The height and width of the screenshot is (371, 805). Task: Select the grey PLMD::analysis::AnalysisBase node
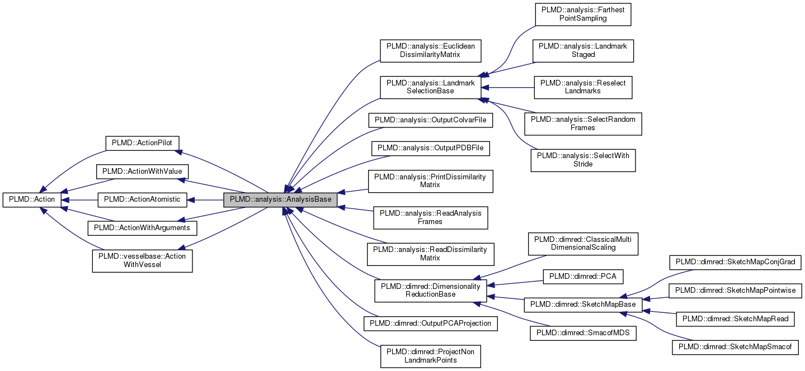[x=280, y=199]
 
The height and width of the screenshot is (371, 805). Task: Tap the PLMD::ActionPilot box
[x=142, y=142]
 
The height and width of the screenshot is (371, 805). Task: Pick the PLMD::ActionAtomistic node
[x=142, y=199]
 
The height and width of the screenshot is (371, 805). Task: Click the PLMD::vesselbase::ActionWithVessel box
[x=142, y=260]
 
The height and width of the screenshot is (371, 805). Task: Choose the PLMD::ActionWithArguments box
[x=142, y=228]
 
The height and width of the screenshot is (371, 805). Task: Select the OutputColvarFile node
[x=430, y=120]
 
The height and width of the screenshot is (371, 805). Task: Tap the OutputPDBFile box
[x=430, y=148]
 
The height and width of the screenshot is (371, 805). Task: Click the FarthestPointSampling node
[x=583, y=14]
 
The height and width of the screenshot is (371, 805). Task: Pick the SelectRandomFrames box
[x=583, y=123]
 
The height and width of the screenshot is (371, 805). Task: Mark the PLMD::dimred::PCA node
[x=583, y=277]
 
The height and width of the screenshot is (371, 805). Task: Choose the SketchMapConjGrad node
[x=736, y=261]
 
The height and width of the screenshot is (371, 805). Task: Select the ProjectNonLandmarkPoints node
[x=430, y=356]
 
